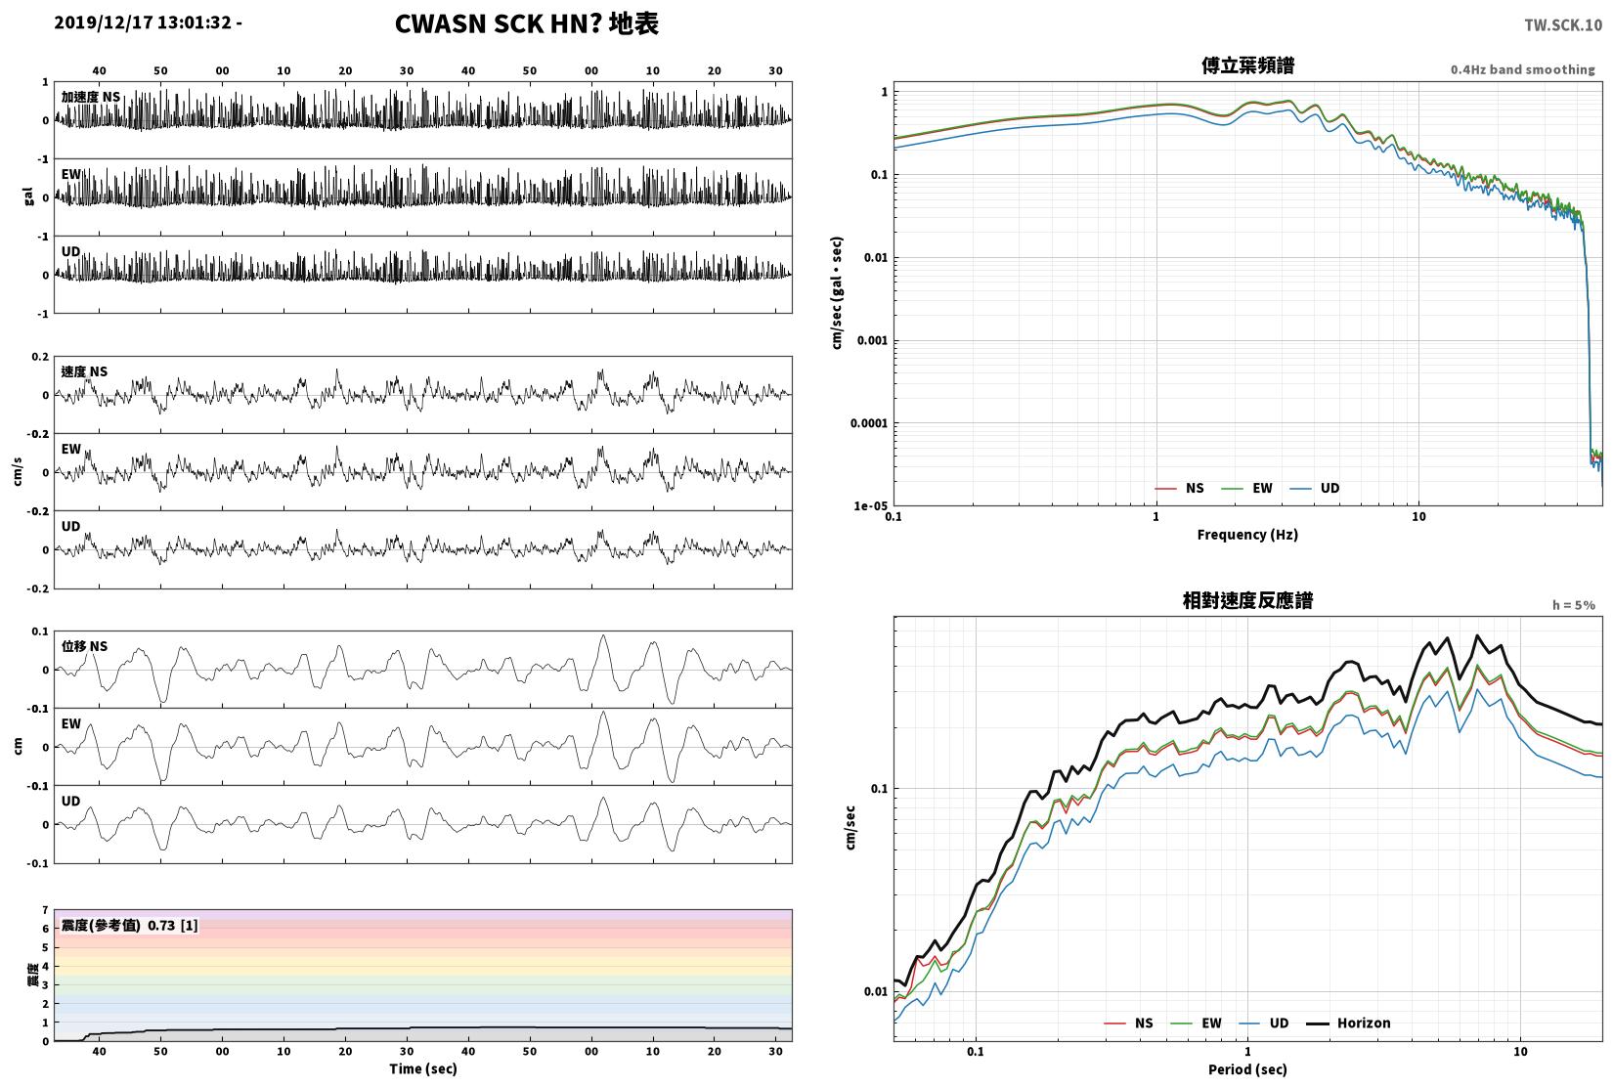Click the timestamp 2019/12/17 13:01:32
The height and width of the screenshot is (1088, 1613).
pos(143,22)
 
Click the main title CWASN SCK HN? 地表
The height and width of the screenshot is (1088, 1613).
pos(526,23)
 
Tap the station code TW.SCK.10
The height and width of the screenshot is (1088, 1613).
pos(1562,25)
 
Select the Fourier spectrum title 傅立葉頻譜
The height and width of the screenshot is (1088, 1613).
pos(1247,65)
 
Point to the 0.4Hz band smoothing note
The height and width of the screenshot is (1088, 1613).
pos(1522,69)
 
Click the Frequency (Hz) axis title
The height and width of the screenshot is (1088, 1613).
pos(1247,535)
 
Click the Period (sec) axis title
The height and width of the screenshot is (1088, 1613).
pos(1247,1069)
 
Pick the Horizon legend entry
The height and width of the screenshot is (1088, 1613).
pos(1349,1023)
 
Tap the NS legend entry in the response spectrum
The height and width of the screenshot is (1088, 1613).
pos(1129,1023)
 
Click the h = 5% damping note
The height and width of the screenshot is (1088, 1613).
pos(1573,605)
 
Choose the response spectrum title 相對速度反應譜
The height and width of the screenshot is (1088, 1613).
pos(1247,600)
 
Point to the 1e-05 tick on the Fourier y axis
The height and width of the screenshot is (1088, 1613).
pos(870,506)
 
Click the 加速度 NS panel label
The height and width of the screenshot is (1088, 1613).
pos(91,97)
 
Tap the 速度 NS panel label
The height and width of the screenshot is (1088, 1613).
pos(84,371)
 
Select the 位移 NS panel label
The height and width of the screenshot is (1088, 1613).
pos(84,646)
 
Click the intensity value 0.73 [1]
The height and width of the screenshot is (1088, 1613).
pos(173,926)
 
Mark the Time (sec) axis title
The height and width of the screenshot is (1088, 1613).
pos(423,1069)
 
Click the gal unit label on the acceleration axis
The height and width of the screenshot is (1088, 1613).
pos(28,196)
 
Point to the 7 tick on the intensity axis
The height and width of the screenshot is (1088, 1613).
pos(45,910)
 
